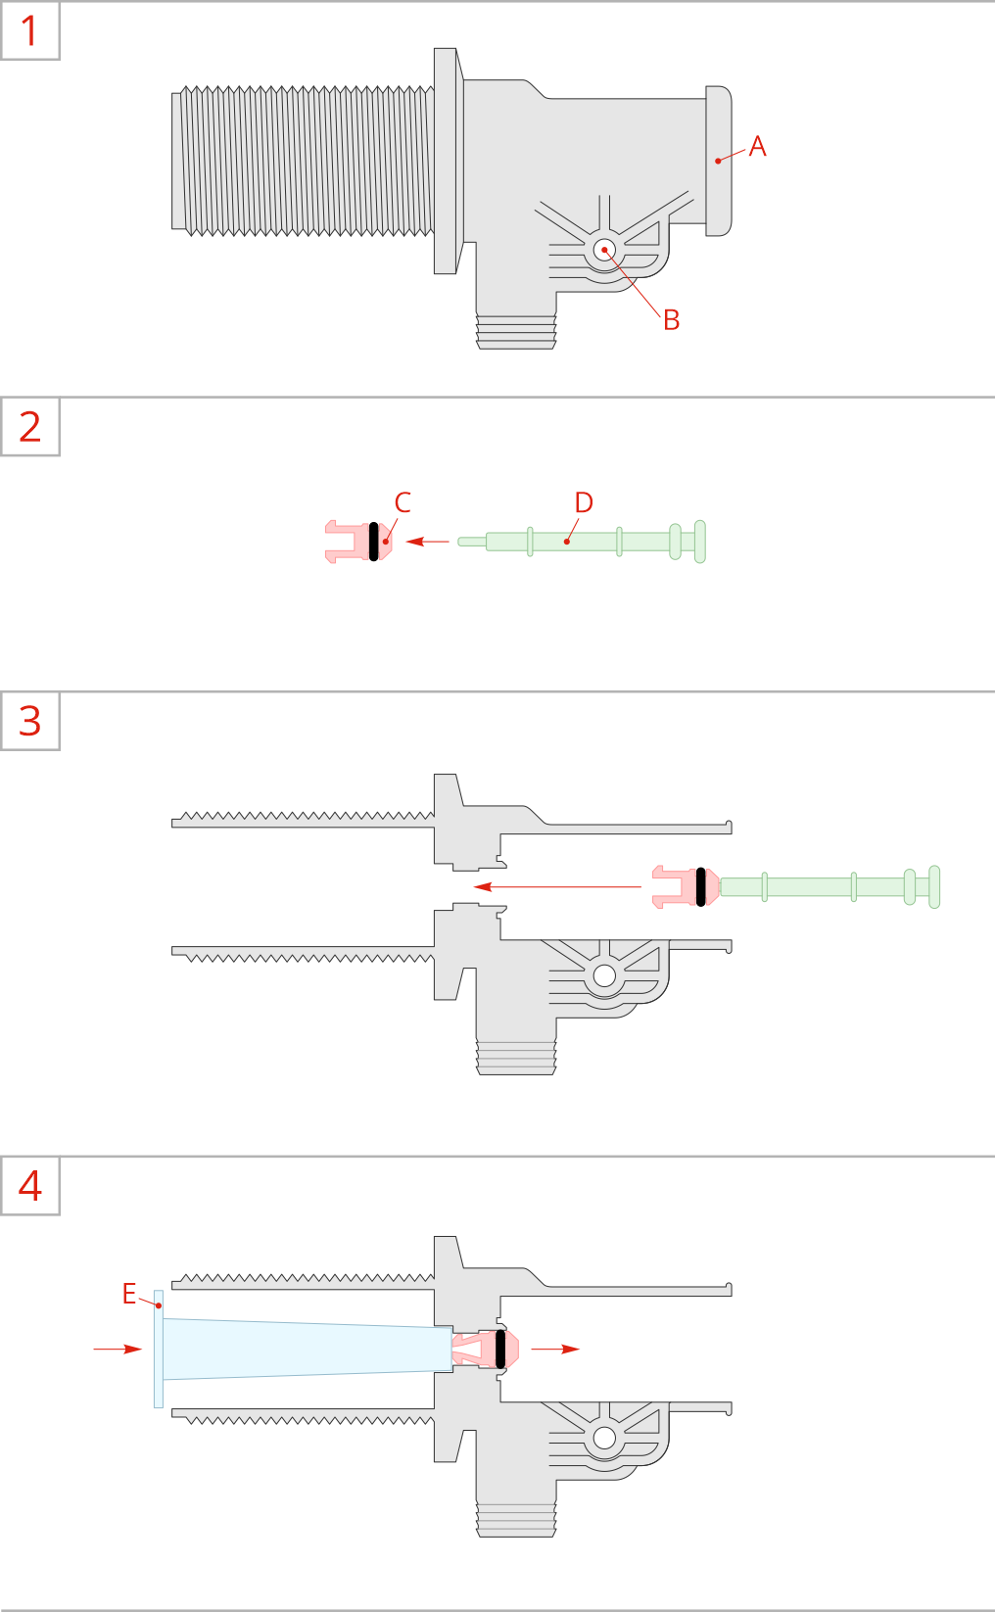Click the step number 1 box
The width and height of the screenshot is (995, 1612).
point(29,30)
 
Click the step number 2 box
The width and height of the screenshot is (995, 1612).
point(29,426)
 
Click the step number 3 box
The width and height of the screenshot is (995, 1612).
point(29,721)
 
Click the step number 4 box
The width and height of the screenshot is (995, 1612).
point(29,1185)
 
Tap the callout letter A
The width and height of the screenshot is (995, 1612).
point(757,147)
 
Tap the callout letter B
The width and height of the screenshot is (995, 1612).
point(671,320)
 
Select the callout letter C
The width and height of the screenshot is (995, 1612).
point(403,502)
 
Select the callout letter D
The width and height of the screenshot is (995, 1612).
point(584,502)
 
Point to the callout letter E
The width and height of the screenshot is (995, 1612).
point(128,1294)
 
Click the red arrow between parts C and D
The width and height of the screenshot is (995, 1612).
point(428,542)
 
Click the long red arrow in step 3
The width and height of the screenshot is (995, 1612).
point(557,886)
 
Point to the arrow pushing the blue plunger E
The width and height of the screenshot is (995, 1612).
point(118,1349)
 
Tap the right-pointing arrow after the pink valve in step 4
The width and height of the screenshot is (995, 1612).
point(555,1349)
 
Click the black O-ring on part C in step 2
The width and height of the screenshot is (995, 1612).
point(373,542)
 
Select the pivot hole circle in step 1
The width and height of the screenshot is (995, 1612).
point(604,251)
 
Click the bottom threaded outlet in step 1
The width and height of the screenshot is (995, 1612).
point(516,331)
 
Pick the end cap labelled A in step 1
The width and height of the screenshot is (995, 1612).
point(718,162)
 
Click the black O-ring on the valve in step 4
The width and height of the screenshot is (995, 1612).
point(500,1349)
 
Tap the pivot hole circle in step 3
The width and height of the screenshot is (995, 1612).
point(604,975)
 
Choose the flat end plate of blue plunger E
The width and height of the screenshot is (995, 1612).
point(159,1349)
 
